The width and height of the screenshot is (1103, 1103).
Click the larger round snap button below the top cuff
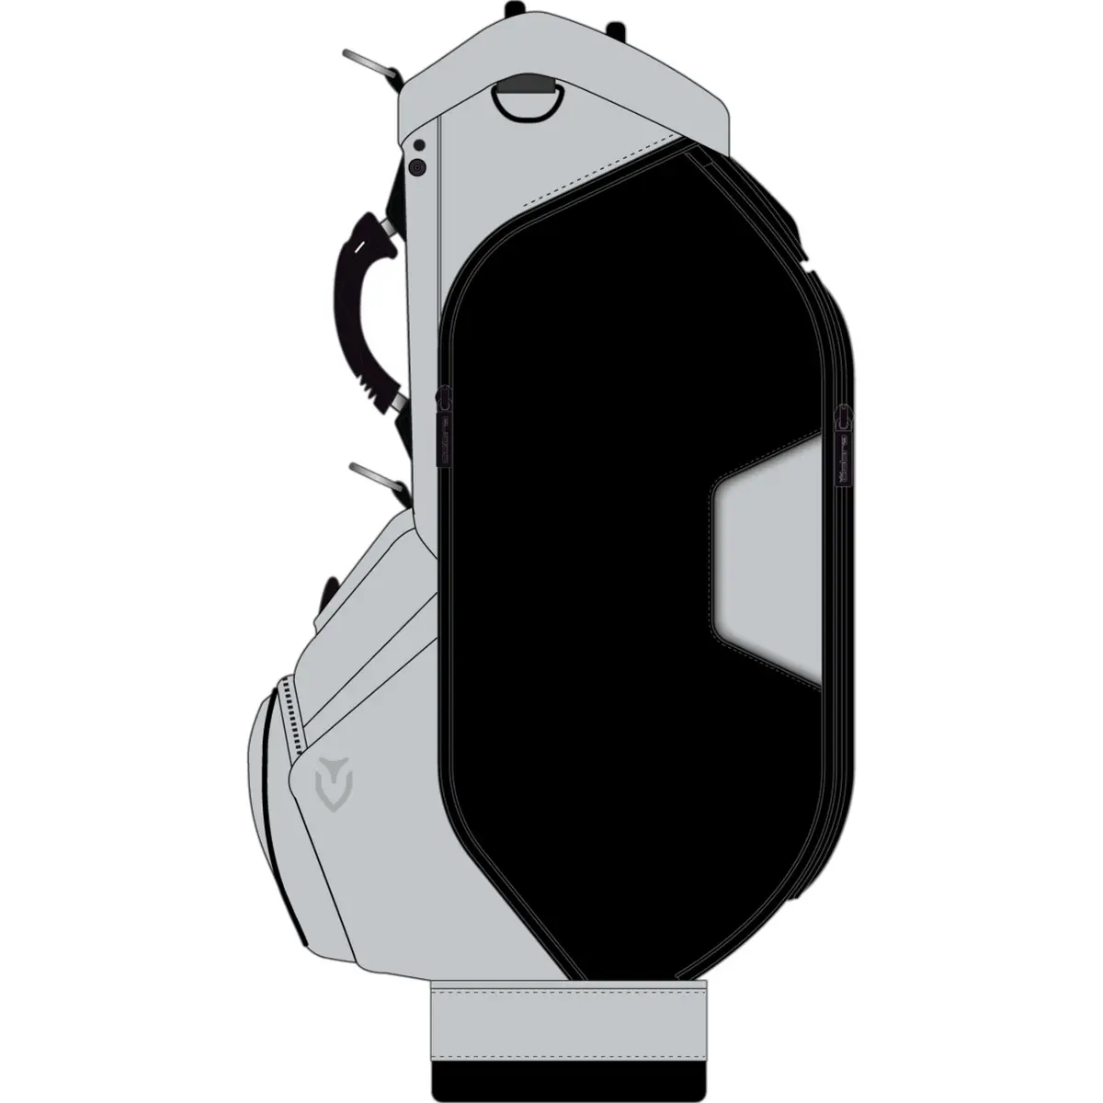[417, 167]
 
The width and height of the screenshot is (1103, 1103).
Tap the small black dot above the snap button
[419, 145]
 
